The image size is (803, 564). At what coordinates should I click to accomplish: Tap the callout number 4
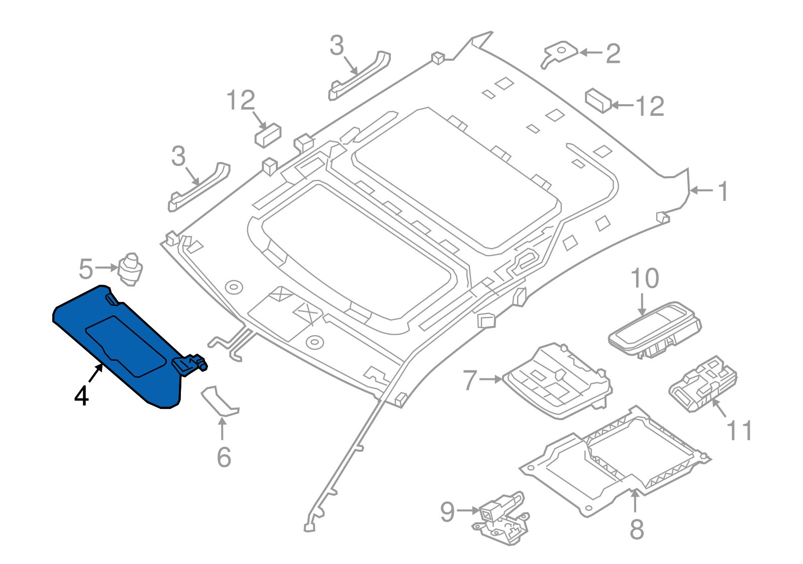coord(81,396)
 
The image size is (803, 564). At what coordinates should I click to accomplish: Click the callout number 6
coord(224,457)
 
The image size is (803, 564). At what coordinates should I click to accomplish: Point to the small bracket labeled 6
coord(220,401)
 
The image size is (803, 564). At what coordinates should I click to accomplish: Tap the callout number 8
coord(637,529)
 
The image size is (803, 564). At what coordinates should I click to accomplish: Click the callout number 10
coord(644,279)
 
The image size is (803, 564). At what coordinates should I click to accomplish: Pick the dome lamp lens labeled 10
coord(653,329)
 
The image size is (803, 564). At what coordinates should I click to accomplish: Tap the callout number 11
coord(740,431)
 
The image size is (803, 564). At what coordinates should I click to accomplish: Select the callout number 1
coord(723,192)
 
